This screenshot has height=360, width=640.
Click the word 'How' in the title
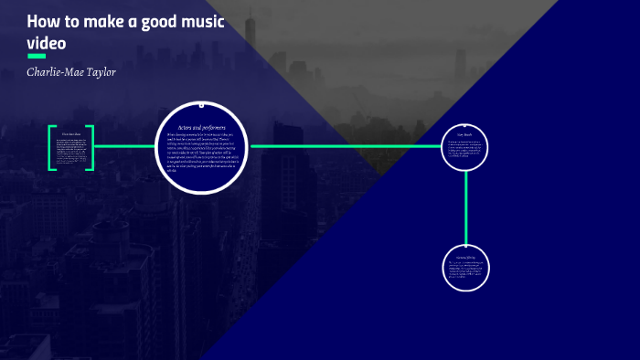click(x=42, y=21)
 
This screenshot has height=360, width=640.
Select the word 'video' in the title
click(x=47, y=42)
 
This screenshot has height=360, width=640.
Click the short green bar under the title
click(x=37, y=56)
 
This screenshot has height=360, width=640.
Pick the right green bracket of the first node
click(x=90, y=147)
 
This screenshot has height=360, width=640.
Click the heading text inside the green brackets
click(x=71, y=134)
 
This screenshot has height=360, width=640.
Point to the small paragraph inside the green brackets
click(x=71, y=152)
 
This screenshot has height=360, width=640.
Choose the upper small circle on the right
click(x=465, y=146)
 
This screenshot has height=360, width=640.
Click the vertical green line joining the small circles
click(x=465, y=206)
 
